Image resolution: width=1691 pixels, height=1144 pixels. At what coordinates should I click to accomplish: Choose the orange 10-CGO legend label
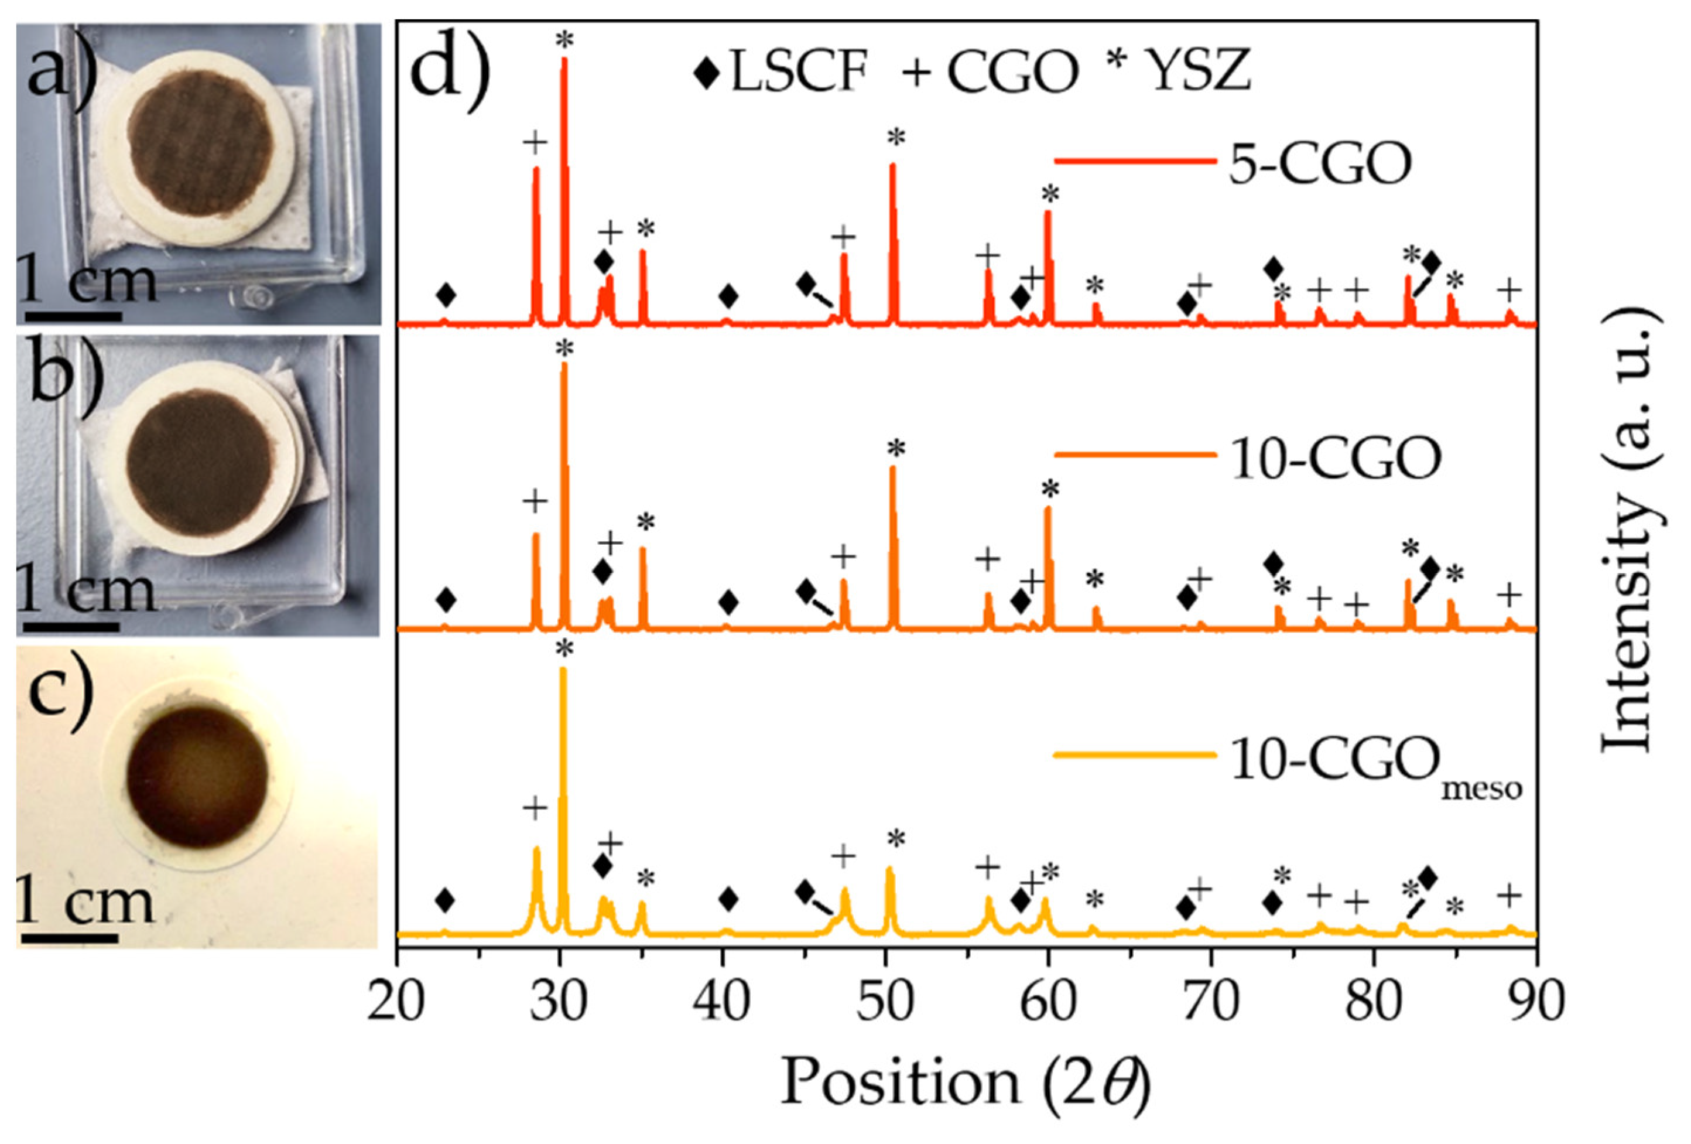point(1334,460)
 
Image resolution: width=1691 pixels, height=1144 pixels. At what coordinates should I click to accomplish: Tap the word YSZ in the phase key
point(1200,72)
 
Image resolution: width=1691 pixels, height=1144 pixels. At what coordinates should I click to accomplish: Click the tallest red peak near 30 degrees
point(564,62)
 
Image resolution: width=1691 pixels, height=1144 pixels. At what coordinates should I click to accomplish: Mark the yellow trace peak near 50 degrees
point(888,870)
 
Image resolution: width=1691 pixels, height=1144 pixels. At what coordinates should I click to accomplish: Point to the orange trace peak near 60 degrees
point(1048,510)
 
